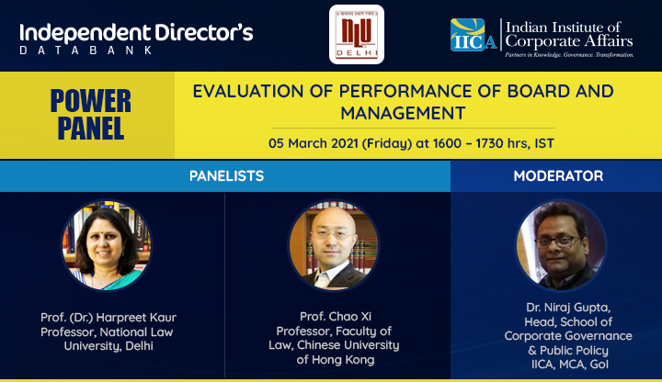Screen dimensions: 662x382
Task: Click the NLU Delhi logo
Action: coord(357,35)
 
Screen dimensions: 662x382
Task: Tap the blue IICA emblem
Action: coord(474,35)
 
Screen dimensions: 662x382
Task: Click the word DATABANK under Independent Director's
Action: coord(86,51)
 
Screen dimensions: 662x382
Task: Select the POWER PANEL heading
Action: coord(91,114)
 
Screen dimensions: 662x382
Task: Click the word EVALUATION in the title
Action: coord(248,92)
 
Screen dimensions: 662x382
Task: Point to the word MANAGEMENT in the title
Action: coord(404,113)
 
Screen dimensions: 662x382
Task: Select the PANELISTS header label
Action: coord(226,175)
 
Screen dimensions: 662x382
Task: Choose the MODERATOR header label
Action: coord(558,175)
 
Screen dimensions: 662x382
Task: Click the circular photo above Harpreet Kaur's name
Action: coord(107,245)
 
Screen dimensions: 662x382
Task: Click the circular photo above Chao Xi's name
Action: coord(334,245)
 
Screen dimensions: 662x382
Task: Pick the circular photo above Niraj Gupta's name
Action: coord(561,245)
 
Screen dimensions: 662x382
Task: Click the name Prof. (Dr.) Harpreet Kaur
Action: coord(108,318)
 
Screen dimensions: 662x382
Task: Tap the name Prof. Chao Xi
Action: coord(336,316)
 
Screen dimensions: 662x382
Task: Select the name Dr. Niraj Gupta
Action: coord(568,308)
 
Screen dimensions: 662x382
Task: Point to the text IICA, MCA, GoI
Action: coord(570,365)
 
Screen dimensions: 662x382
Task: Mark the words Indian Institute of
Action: coord(564,28)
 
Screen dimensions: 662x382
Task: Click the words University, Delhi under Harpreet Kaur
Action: coord(108,346)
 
